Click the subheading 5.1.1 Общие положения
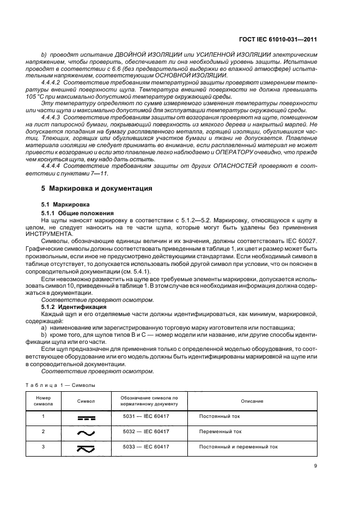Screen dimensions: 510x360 click(x=78, y=212)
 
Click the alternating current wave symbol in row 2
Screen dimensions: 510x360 click(x=86, y=433)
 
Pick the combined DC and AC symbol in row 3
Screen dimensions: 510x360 click(x=86, y=448)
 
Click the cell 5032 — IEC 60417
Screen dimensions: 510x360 click(x=146, y=432)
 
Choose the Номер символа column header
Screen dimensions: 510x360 click(x=43, y=401)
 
